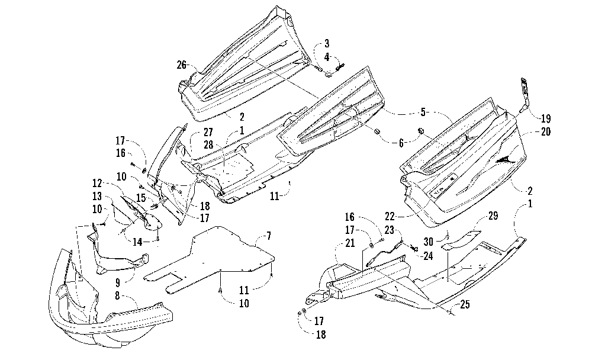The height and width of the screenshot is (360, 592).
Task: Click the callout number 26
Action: pos(182,65)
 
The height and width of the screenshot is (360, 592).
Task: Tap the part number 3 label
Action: pos(327,43)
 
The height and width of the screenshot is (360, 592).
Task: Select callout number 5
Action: pos(423,112)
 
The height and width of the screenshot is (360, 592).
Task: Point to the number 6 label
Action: pos(401,143)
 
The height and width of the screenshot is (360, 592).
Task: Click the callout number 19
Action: pos(546,118)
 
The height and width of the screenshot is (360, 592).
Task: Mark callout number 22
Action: pos(390,217)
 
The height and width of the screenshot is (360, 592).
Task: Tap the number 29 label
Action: pos(493,216)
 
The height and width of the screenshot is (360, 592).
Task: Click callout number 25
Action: pos(465,304)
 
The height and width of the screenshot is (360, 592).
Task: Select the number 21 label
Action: pos(350,243)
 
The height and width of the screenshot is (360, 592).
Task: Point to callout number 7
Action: pos(268,236)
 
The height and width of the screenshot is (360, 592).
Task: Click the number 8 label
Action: pos(117,295)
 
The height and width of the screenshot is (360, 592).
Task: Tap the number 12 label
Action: pos(97,183)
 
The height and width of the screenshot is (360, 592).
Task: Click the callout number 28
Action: pos(208,144)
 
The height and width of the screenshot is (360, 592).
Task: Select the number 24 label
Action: pos(428,256)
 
